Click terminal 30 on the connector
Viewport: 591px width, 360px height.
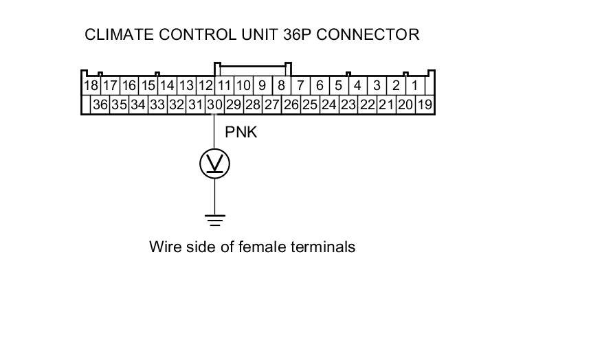(x=215, y=104)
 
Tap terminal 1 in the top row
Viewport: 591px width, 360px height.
(x=415, y=86)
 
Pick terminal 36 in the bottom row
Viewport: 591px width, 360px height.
(x=100, y=104)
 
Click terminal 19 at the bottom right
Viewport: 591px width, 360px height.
(x=425, y=104)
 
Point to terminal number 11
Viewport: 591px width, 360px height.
(x=224, y=86)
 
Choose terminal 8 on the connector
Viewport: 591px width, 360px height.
(x=281, y=86)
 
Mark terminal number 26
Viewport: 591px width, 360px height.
(x=291, y=104)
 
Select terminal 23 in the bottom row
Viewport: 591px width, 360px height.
(x=348, y=104)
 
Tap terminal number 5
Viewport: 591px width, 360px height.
(x=339, y=86)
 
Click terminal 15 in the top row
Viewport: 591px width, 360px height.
(x=148, y=86)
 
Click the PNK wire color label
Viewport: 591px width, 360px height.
(x=241, y=132)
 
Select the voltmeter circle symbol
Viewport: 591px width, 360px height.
(x=214, y=164)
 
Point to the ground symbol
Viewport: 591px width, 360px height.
(x=214, y=220)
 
